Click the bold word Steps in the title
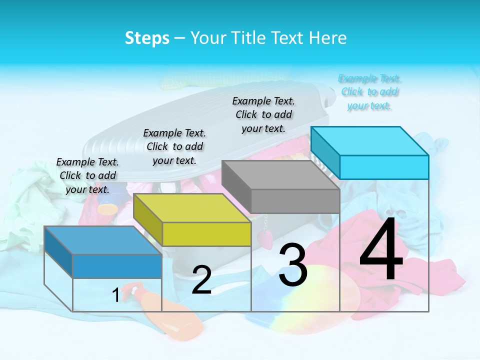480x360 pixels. point(147,38)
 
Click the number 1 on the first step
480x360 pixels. point(115,295)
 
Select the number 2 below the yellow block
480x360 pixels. point(201,280)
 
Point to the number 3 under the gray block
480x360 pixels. point(292,265)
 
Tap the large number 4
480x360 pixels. point(381,250)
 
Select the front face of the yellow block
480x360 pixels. point(206,234)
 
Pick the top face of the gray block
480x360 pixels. point(280,175)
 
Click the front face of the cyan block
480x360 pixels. point(384,167)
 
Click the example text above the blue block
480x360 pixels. point(88,175)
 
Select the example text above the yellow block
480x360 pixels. point(174,146)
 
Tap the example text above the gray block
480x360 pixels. point(263,114)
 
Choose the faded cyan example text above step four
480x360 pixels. point(370,92)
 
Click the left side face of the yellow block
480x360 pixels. point(148,219)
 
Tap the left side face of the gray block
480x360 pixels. point(236,185)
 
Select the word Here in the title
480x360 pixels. point(328,38)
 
